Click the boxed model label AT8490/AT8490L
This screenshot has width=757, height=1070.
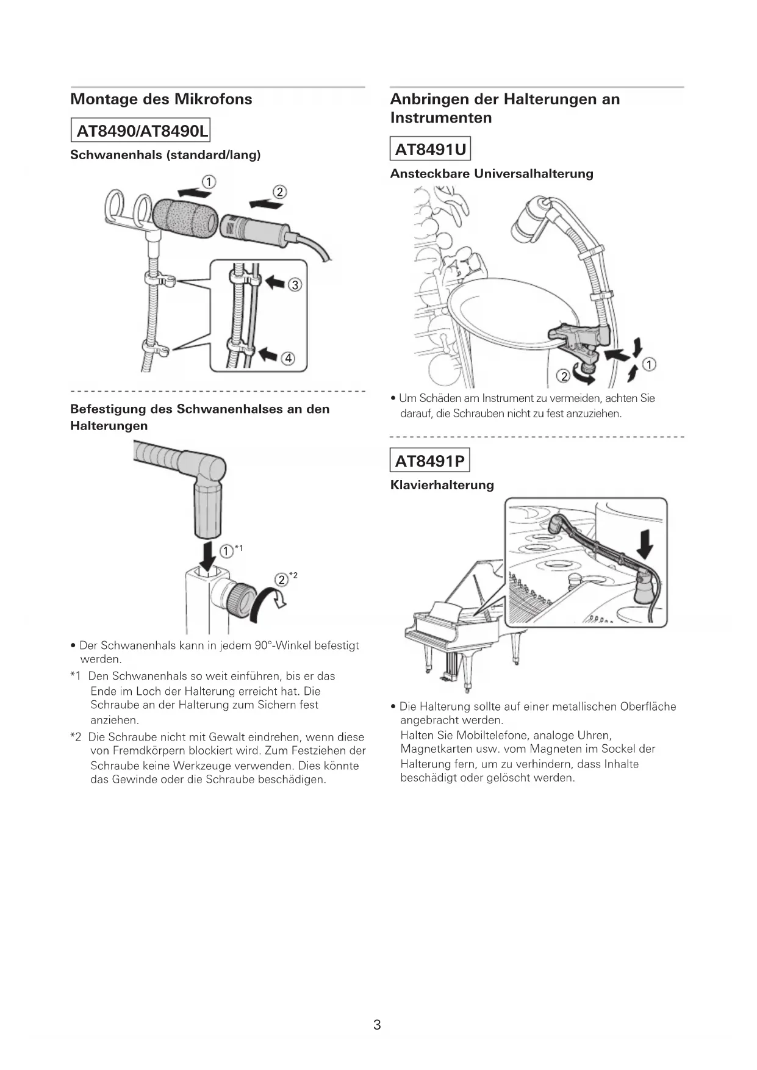coord(141,131)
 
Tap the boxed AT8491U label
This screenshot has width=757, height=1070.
coord(430,149)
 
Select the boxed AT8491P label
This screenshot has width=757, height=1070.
coord(430,461)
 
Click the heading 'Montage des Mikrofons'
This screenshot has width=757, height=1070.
coord(161,99)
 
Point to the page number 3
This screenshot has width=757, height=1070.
coord(377,1024)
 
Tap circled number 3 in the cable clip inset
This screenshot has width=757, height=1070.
coord(295,285)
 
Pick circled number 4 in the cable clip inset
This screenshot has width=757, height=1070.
coord(288,359)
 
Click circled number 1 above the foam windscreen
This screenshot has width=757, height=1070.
coord(209,182)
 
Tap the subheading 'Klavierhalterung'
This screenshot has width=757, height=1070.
coord(442,486)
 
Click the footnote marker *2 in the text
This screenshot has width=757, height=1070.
coord(76,737)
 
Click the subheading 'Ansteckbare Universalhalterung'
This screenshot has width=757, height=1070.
coord(492,174)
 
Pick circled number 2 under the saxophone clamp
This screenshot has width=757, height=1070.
coord(564,376)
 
